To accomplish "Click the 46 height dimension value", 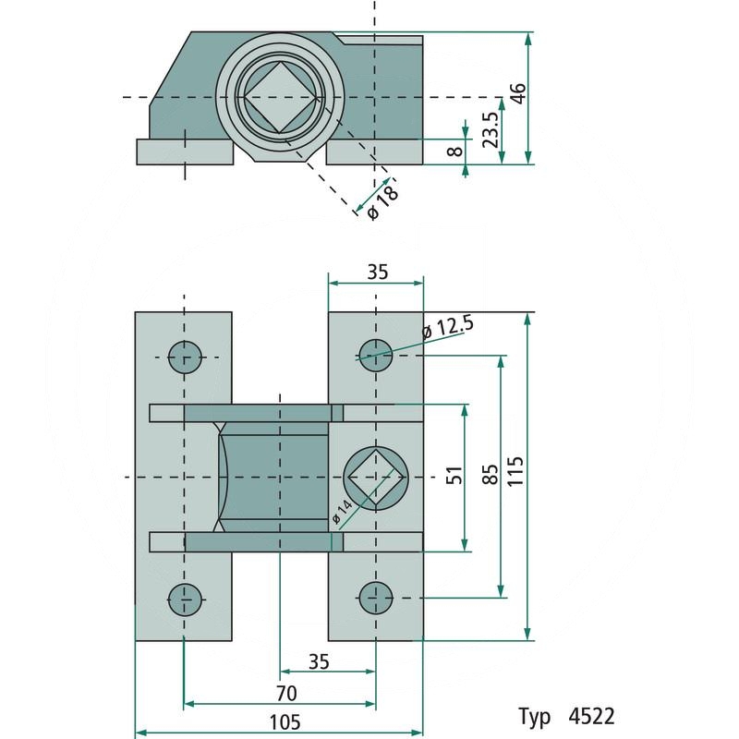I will tap(519, 93).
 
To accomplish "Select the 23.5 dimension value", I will tap(491, 129).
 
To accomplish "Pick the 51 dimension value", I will tap(453, 477).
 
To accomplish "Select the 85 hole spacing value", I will tap(490, 473).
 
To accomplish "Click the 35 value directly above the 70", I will tap(319, 662).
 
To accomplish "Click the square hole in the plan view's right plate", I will tap(375, 477).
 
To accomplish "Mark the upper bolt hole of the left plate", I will tap(185, 356).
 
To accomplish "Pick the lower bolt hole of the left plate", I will tap(185, 598).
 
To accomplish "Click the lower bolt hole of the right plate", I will tap(375, 598).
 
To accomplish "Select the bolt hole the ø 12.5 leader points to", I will tap(375, 354).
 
